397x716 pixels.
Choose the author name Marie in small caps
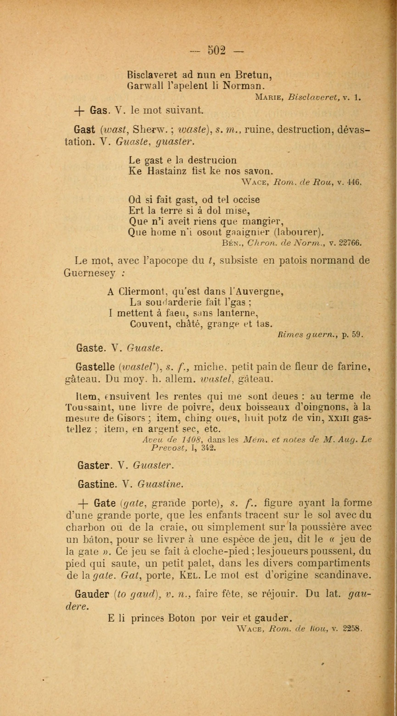269,97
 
